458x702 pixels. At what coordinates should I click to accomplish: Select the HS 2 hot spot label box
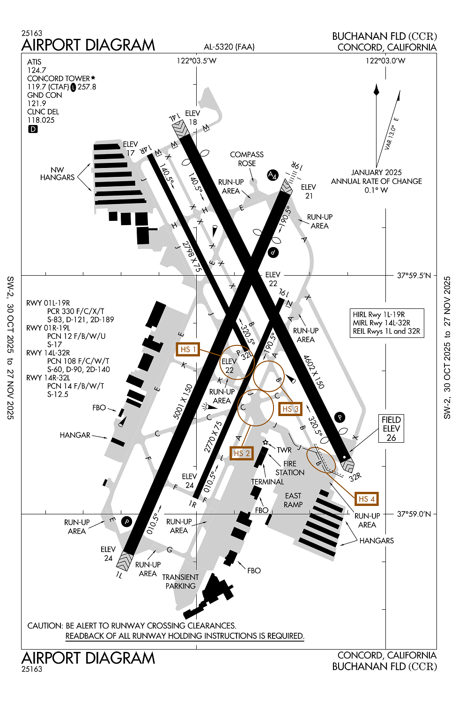point(241,453)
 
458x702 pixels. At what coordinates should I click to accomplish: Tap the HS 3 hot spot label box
point(290,409)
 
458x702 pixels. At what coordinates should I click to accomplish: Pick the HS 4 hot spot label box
point(366,499)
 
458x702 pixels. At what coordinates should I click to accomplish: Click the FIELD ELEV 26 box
point(391,429)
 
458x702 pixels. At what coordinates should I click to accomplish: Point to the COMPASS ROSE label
point(247,159)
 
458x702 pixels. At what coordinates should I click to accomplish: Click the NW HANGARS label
point(57,174)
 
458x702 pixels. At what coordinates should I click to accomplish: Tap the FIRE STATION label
point(290,468)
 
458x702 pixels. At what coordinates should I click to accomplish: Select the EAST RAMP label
point(293,500)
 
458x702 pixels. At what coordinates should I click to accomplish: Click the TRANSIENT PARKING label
point(180,581)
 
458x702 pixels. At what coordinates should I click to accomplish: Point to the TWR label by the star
point(284,450)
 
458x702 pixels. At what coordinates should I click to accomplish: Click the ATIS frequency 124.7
point(37,70)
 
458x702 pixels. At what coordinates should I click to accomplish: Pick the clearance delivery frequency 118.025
point(41,120)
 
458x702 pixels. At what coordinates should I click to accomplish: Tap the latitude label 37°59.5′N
point(414,276)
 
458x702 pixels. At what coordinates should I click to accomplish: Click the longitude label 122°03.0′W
point(385,60)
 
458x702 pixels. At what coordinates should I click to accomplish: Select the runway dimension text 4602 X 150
point(313,372)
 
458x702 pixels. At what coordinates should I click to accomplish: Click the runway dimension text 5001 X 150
point(183,402)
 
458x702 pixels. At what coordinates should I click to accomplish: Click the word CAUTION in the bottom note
point(45,626)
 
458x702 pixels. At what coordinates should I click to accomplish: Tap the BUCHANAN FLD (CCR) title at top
point(384,36)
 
